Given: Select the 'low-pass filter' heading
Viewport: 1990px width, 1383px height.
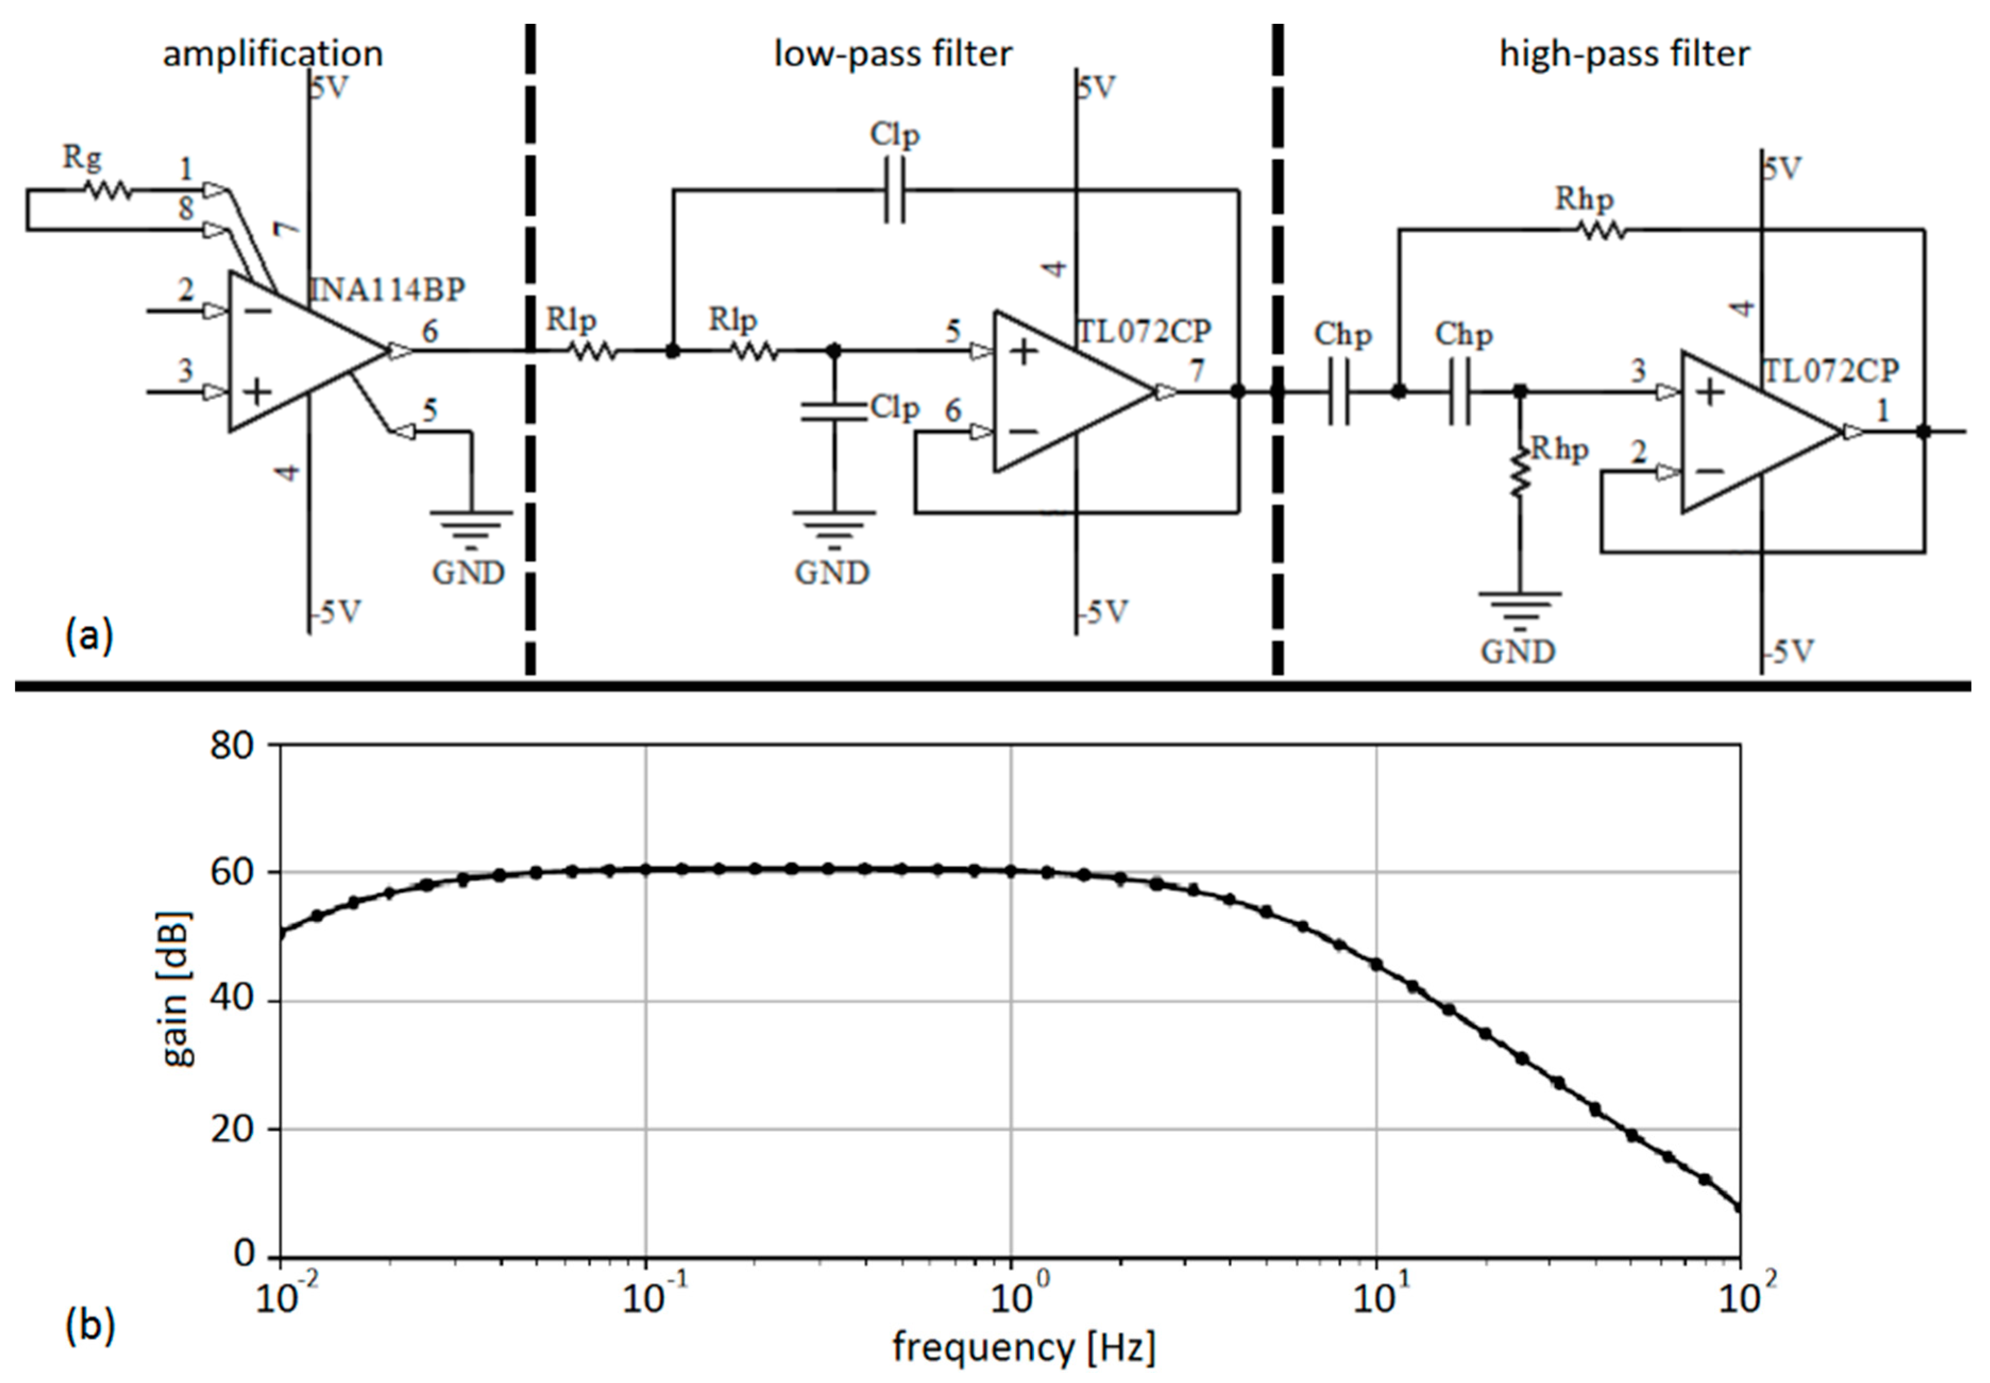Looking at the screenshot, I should point(892,54).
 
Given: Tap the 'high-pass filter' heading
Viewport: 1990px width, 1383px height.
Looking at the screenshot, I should point(1624,54).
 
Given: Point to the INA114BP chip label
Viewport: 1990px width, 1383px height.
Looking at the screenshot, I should point(387,289).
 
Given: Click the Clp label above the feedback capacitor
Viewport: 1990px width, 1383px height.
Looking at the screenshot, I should point(895,135).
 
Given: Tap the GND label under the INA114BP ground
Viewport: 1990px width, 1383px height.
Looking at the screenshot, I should point(468,573).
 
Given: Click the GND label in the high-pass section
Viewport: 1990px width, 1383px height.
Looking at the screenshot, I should point(1518,651).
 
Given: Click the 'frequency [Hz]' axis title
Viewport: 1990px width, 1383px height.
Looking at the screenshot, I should point(1024,1348).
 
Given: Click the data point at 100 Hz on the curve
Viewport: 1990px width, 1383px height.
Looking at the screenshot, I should point(1739,1207).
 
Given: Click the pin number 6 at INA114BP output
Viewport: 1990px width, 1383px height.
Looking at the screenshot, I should point(429,330).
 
